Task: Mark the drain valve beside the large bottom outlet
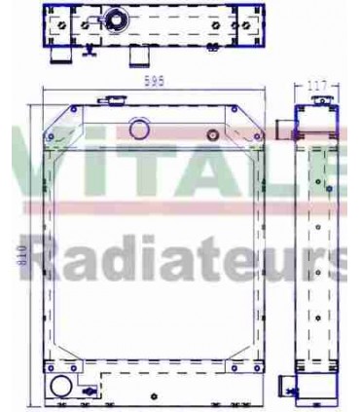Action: (90, 392)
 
